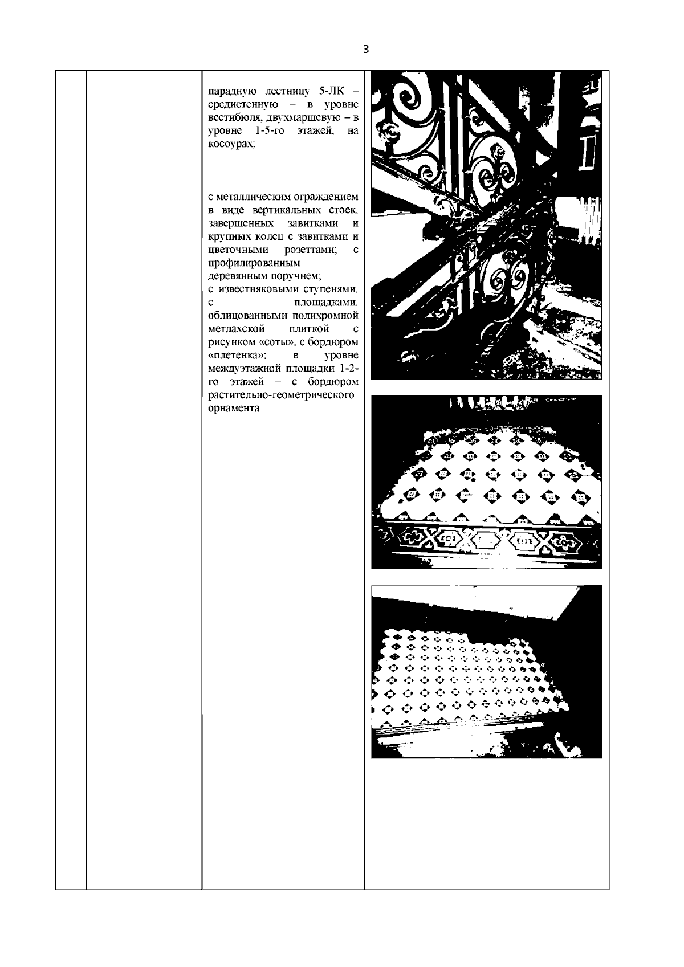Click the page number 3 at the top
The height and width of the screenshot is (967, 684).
tap(366, 49)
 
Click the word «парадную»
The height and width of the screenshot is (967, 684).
tap(233, 92)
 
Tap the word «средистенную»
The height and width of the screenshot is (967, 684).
tap(243, 105)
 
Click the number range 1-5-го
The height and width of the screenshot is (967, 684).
tap(270, 130)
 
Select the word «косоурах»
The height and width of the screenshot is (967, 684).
tap(232, 144)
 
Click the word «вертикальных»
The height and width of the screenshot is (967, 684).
tap(287, 210)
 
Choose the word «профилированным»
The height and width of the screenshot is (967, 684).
tap(254, 263)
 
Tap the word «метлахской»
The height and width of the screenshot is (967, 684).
tap(236, 329)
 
